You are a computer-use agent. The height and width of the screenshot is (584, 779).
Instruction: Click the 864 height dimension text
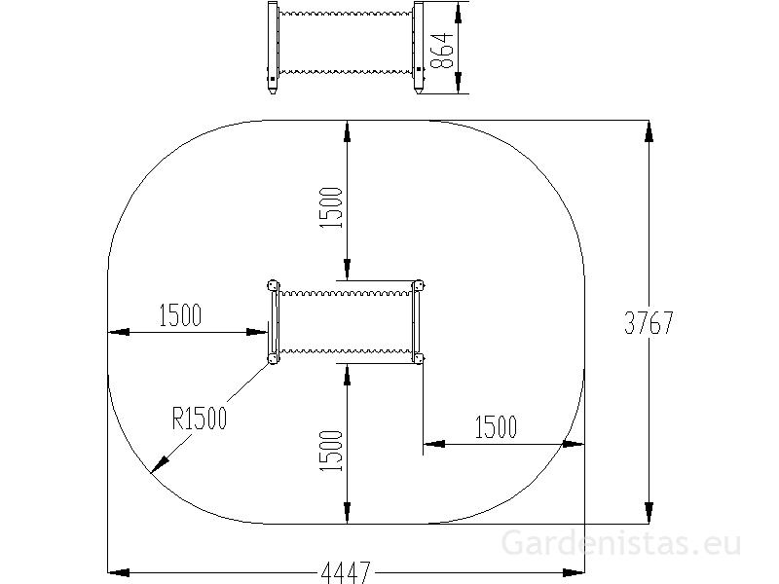pos(441,51)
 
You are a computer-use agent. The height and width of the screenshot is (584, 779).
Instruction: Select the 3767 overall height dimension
pos(649,323)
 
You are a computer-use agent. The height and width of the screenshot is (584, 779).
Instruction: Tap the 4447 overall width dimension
pos(346,572)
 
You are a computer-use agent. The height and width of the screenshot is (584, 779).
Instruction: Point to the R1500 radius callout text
pos(200,418)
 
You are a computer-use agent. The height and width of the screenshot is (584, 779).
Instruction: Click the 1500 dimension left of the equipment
pos(180,314)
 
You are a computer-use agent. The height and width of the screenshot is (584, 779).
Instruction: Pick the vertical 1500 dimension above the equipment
pos(331,207)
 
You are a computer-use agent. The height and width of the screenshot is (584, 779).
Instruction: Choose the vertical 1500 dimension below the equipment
pos(331,451)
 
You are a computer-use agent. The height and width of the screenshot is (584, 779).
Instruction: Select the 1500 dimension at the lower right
pos(496,427)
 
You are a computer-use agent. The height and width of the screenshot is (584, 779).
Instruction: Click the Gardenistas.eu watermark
pos(621,543)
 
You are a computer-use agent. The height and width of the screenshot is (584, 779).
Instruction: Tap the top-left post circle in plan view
pos(274,286)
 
